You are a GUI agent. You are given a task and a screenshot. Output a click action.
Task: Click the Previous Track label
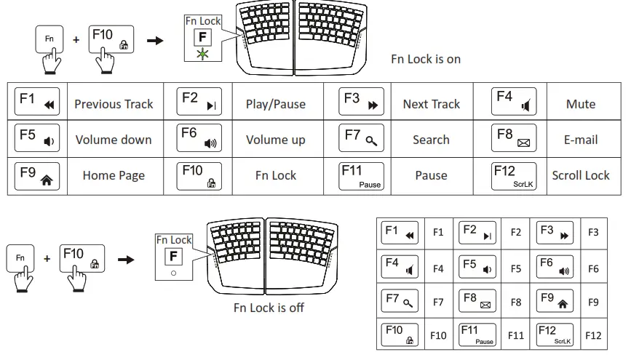(114, 104)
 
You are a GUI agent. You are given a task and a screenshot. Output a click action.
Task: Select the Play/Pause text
(275, 104)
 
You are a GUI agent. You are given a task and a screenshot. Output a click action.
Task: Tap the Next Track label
(431, 104)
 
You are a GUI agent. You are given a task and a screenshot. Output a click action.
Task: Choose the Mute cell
(580, 104)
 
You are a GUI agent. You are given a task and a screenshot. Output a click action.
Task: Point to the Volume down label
(114, 140)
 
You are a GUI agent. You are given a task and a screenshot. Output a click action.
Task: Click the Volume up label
(275, 140)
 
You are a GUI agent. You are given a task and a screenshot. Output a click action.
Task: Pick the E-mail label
(580, 140)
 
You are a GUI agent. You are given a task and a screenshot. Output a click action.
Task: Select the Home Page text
(114, 175)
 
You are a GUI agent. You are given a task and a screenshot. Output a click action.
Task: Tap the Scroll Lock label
(580, 175)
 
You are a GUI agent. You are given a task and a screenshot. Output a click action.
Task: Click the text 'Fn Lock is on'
(426, 59)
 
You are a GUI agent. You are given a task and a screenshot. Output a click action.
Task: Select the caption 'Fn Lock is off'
(269, 308)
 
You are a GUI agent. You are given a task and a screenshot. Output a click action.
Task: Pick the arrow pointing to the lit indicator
(155, 39)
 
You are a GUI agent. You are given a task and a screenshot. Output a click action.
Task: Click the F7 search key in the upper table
(362, 139)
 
